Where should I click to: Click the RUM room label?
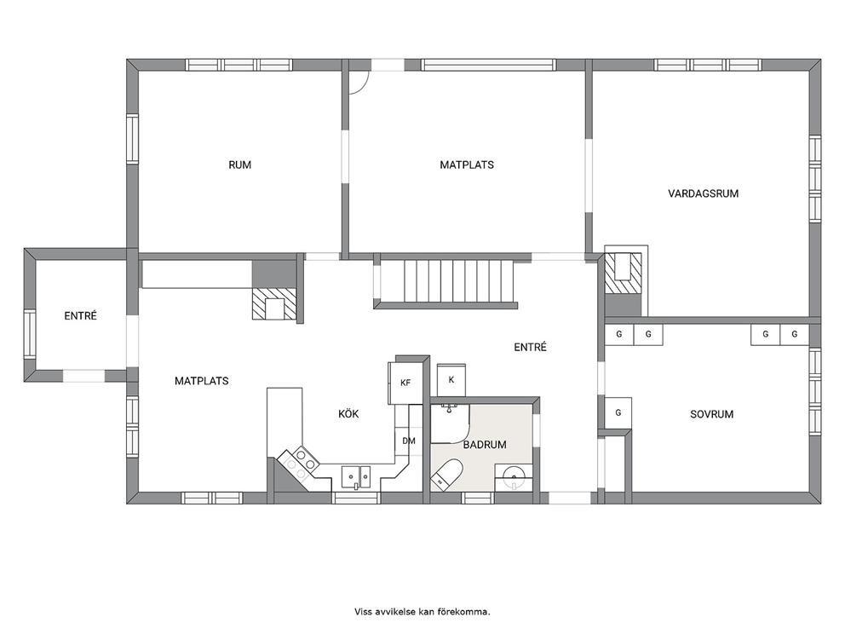click(x=240, y=165)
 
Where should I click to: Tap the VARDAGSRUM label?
click(x=704, y=193)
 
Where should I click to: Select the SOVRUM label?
click(x=712, y=415)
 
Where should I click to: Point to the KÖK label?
click(x=348, y=414)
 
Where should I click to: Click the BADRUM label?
click(x=485, y=445)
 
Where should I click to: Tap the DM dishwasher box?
click(x=409, y=441)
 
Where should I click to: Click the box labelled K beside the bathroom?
click(x=451, y=380)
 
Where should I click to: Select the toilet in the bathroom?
click(x=447, y=475)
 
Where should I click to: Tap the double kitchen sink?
click(x=356, y=476)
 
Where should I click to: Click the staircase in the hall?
click(x=445, y=282)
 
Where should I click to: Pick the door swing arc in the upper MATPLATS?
click(x=364, y=87)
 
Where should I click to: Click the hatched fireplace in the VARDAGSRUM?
click(x=623, y=273)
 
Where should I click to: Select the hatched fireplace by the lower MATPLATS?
click(x=274, y=303)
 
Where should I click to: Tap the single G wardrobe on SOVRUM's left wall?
click(x=618, y=413)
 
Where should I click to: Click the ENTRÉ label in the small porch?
click(x=80, y=316)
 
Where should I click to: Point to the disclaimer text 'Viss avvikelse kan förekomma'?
click(x=422, y=612)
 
